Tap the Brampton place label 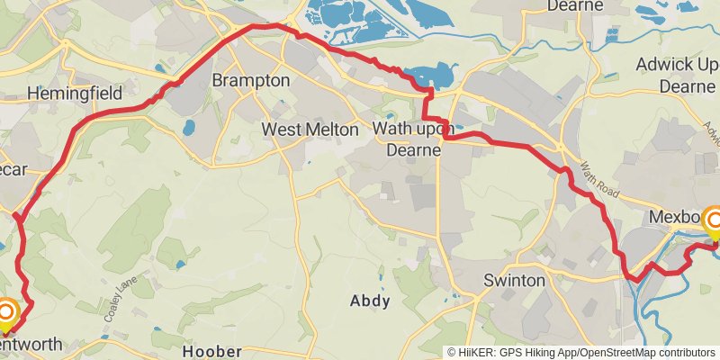pos(251,81)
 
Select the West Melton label pos(310,130)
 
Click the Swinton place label pos(514,281)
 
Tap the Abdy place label pos(370,301)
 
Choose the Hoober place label pos(212,350)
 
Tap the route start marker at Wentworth pos(6,312)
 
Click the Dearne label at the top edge pos(573,6)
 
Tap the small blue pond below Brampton pos(189,128)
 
